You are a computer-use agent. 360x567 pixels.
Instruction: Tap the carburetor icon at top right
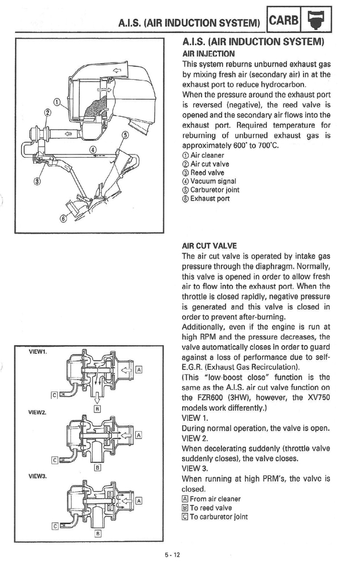coord(317,22)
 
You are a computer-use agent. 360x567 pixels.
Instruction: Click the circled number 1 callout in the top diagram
coord(57,101)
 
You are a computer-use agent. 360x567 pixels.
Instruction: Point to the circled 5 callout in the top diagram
coord(125,135)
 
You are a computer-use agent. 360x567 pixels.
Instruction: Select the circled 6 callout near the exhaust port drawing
coord(63,218)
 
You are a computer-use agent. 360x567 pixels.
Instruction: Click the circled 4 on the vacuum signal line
coord(92,150)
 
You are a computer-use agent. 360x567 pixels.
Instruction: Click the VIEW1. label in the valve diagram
coord(38,352)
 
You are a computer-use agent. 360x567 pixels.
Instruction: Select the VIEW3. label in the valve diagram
coord(38,476)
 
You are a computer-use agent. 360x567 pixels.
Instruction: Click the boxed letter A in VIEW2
coord(139,435)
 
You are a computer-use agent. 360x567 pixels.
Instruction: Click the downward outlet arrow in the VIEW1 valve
coord(97,394)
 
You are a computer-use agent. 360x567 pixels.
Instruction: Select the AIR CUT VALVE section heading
coord(209,245)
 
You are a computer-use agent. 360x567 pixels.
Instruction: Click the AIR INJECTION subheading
coord(208,54)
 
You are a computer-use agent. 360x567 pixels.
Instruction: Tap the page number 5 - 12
coord(172,556)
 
